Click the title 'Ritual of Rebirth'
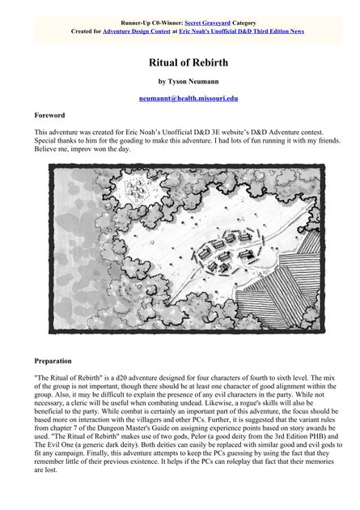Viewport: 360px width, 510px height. click(x=188, y=62)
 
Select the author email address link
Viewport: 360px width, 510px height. click(x=188, y=98)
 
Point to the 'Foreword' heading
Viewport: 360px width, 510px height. click(x=49, y=116)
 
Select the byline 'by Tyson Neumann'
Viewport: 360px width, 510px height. click(x=188, y=81)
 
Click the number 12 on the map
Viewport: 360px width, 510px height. click(x=152, y=242)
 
